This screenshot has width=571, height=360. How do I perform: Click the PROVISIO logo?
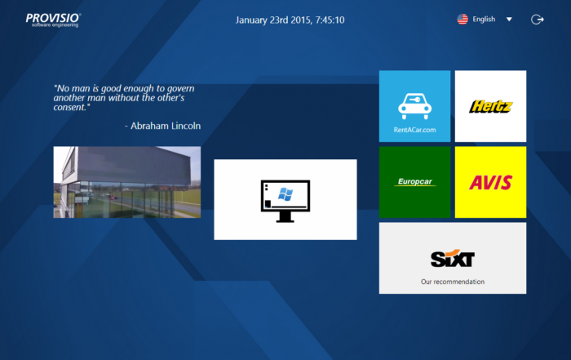click(53, 20)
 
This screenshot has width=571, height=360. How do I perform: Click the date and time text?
click(290, 20)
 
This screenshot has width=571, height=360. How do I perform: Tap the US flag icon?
click(463, 20)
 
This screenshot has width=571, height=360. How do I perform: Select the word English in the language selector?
click(484, 20)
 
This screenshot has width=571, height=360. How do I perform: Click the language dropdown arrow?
click(509, 20)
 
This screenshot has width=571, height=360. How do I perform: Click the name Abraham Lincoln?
click(166, 126)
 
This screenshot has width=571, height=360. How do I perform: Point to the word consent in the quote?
click(69, 108)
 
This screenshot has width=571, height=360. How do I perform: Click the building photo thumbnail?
click(127, 182)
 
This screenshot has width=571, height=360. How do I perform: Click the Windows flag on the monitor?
click(285, 194)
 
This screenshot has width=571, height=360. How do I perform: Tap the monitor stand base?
click(285, 220)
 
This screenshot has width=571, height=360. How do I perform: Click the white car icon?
click(414, 106)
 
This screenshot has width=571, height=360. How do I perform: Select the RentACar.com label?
click(414, 130)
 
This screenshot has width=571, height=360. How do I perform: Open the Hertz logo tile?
click(490, 106)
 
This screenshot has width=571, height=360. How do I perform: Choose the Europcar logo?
click(414, 181)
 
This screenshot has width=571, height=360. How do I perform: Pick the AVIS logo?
click(490, 182)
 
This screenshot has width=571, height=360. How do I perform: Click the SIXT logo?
click(453, 259)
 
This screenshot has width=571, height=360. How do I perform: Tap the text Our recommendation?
click(453, 282)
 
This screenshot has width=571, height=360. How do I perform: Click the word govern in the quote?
click(180, 88)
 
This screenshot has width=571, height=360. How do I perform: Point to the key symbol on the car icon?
click(414, 99)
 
